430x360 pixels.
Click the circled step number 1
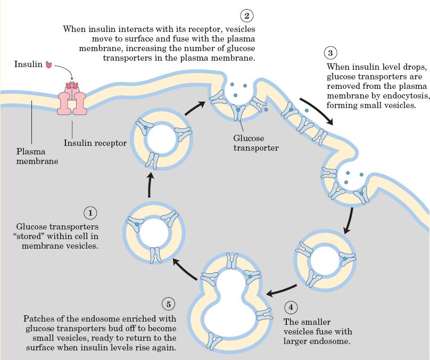pyautogui.click(x=90, y=213)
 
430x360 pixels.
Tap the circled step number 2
pyautogui.click(x=246, y=15)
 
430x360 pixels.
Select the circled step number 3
pyautogui.click(x=330, y=53)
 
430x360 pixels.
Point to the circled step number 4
pyautogui.click(x=291, y=308)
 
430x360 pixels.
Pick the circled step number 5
pyautogui.click(x=169, y=304)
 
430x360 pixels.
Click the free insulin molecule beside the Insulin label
pyautogui.click(x=49, y=64)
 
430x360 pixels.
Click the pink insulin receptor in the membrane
pyautogui.click(x=72, y=98)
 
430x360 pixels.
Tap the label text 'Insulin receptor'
pyautogui.click(x=95, y=143)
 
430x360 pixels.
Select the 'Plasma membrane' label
pyautogui.click(x=37, y=156)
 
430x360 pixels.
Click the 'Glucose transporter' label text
pyautogui.click(x=255, y=143)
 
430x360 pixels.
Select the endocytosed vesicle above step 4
pyautogui.click(x=324, y=259)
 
